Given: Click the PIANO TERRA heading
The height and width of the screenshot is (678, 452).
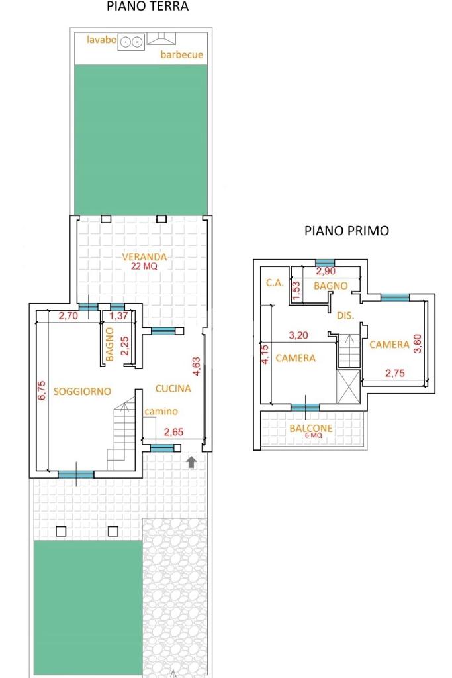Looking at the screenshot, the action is (148, 7).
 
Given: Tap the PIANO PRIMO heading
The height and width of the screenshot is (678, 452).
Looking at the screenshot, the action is (347, 231).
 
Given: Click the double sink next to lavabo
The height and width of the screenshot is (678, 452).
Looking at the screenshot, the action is (131, 42).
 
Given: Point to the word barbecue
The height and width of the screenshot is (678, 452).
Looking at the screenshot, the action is (182, 54).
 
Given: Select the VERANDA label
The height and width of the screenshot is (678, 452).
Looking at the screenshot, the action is (144, 257).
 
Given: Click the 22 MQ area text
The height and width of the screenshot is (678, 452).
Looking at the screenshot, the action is (144, 266).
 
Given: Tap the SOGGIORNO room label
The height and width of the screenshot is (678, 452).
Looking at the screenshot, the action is (82, 391).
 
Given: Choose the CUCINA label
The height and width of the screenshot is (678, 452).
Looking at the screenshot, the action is (173, 388).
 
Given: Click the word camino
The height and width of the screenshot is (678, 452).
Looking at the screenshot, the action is (161, 411).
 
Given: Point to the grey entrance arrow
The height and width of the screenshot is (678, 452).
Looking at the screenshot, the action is (191, 461).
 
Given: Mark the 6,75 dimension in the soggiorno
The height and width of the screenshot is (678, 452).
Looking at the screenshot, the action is (42, 390).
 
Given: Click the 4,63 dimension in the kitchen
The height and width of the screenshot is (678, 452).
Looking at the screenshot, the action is (197, 366).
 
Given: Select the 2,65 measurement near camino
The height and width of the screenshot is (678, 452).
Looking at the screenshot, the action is (173, 431).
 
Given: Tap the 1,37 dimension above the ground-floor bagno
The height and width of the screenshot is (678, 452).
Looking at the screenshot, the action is (118, 315).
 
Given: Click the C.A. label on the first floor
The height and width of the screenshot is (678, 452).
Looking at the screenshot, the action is (275, 283).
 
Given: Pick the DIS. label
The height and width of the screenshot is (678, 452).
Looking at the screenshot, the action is (345, 315).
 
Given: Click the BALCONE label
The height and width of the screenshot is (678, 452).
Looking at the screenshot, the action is (311, 428).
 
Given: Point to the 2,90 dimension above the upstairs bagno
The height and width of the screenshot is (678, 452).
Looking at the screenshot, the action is (326, 271).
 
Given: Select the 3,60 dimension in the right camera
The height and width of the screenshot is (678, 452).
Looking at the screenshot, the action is (418, 343).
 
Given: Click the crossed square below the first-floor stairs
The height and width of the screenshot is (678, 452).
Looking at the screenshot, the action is (348, 386).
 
